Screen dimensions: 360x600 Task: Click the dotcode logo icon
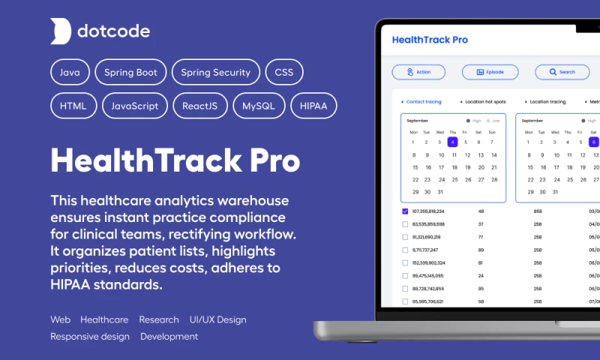pos(61,31)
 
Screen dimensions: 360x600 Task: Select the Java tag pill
pos(70,73)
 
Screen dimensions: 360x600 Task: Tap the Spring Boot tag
pos(130,73)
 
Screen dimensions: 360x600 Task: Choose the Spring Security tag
pos(216,73)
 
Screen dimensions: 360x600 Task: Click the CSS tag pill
pos(284,73)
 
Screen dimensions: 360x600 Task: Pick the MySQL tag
pos(259,106)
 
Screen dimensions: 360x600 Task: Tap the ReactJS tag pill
pos(200,106)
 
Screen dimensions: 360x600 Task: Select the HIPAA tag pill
pos(313,106)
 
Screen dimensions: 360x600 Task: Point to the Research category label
pos(159,319)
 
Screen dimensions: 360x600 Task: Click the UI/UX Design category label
pos(217,319)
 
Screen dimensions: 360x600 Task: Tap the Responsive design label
pos(90,337)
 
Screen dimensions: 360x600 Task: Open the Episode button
pos(490,72)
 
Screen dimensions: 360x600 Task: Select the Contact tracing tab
pos(422,101)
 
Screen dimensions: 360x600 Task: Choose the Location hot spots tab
pos(484,101)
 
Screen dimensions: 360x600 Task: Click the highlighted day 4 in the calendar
pos(452,142)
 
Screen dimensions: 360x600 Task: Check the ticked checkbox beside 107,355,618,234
pos(405,211)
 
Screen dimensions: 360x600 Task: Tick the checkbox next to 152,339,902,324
pos(405,262)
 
